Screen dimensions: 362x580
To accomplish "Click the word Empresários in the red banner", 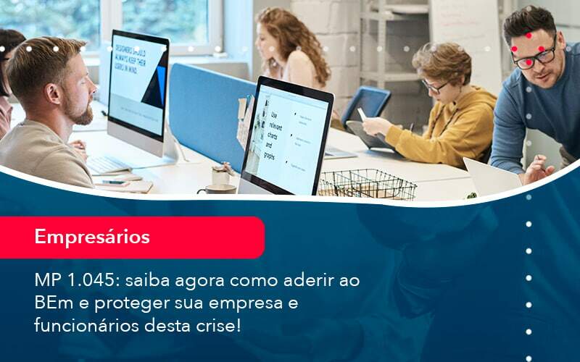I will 92,237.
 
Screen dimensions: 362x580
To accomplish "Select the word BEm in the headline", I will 54,302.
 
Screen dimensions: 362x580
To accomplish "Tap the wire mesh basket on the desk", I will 367,184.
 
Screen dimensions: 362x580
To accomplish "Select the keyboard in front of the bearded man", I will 109,164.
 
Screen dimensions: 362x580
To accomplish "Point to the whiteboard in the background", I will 465,36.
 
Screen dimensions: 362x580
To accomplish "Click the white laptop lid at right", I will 489,177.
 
